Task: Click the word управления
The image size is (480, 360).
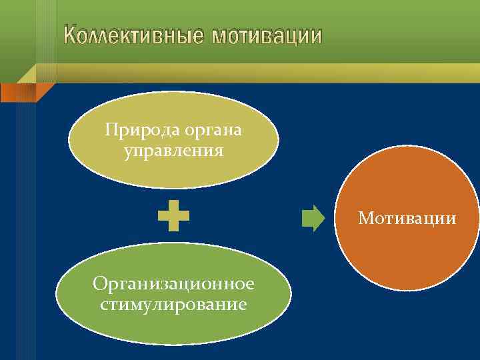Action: (173, 151)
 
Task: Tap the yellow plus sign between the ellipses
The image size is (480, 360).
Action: (173, 217)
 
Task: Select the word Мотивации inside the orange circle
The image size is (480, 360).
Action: (407, 218)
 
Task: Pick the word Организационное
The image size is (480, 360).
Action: (173, 285)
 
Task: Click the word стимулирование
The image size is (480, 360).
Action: (173, 305)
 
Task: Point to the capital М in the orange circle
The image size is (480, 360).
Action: (364, 218)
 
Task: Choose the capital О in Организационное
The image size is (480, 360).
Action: (99, 285)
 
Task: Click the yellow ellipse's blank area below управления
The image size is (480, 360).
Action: (173, 172)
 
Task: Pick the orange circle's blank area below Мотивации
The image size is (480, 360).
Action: (407, 260)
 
